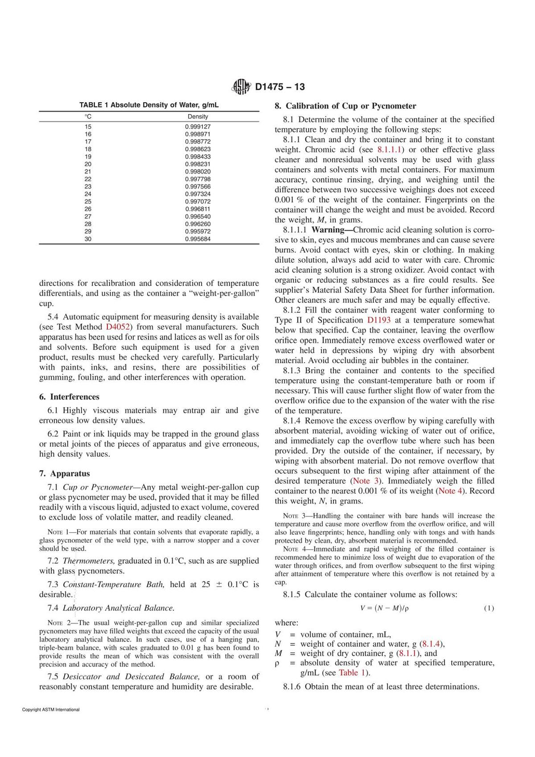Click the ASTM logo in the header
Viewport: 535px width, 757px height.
point(242,87)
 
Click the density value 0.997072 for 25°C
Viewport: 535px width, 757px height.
point(198,202)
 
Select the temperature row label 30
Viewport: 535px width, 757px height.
point(88,239)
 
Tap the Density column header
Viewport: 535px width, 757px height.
point(198,116)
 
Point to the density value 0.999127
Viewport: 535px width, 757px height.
point(198,127)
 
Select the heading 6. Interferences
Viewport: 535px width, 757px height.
point(69,397)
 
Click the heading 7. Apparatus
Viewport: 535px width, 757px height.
point(64,473)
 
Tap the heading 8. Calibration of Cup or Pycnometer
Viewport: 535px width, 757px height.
point(345,106)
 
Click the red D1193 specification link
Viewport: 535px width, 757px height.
point(379,320)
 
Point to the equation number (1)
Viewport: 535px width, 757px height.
point(489,608)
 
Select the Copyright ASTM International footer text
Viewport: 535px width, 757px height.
point(51,710)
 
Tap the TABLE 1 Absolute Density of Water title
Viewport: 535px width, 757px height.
point(149,105)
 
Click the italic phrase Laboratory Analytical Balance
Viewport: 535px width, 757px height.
point(118,608)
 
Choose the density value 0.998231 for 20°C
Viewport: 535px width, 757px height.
point(198,164)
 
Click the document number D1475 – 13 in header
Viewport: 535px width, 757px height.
point(280,87)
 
